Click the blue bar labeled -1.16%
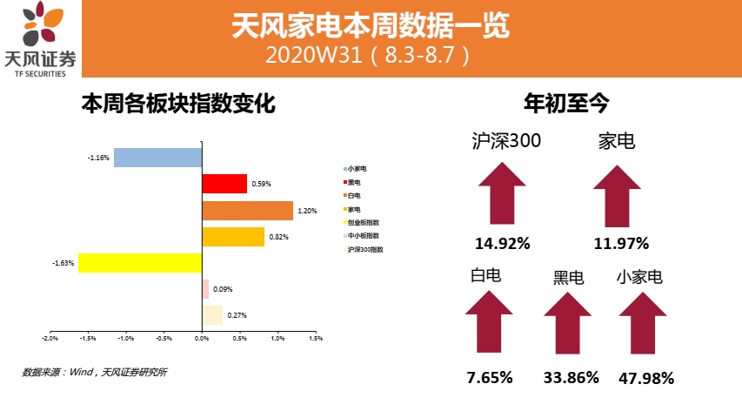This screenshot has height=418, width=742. tap(157, 158)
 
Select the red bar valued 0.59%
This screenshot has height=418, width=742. tap(224, 184)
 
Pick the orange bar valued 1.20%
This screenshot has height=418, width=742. tap(247, 211)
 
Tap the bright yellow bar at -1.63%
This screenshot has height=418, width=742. tap(139, 263)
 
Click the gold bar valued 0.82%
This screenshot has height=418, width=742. tap(232, 237)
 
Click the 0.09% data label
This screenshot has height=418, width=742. tap(223, 289)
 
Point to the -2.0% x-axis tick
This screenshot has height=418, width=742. tap(50, 338)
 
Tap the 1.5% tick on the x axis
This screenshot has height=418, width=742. tap(316, 338)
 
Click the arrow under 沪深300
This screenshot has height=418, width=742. tap(501, 197)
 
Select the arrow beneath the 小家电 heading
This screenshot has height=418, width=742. tap(644, 322)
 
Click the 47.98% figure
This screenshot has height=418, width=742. tap(646, 378)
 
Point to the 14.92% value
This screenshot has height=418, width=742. tap(502, 244)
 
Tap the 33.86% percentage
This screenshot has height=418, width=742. tap(571, 377)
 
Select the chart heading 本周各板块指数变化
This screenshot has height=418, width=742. tap(178, 105)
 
